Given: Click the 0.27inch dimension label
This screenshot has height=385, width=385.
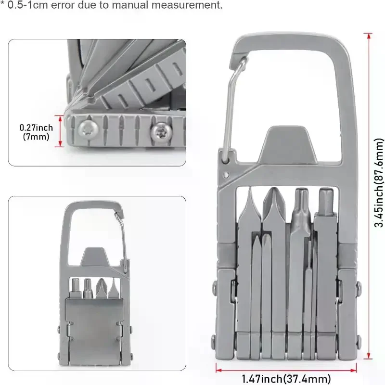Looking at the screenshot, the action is pyautogui.click(x=36, y=128).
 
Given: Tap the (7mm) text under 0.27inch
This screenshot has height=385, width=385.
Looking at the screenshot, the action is pyautogui.click(x=36, y=137).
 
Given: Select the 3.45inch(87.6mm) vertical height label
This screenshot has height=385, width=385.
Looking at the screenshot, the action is pyautogui.click(x=378, y=183).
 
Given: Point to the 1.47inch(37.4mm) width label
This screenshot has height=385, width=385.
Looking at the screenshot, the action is pyautogui.click(x=286, y=379).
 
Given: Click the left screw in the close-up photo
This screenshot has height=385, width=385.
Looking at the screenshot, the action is pyautogui.click(x=88, y=128).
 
